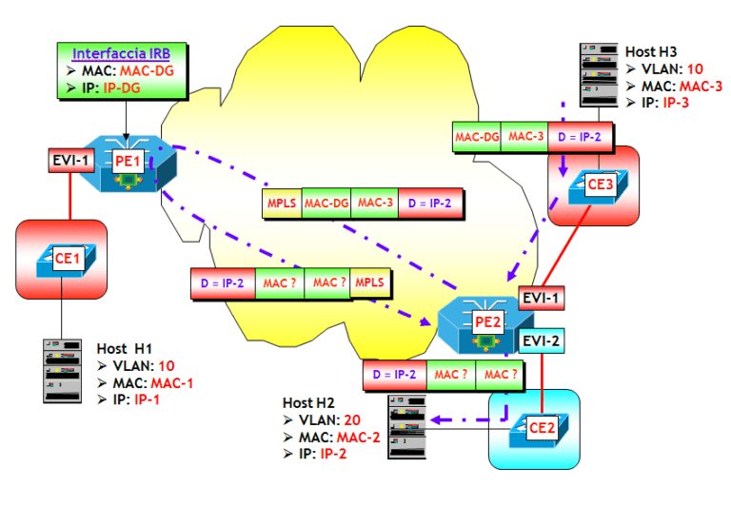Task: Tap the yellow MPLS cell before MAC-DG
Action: [x=281, y=203]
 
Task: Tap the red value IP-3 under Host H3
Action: [x=680, y=101]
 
